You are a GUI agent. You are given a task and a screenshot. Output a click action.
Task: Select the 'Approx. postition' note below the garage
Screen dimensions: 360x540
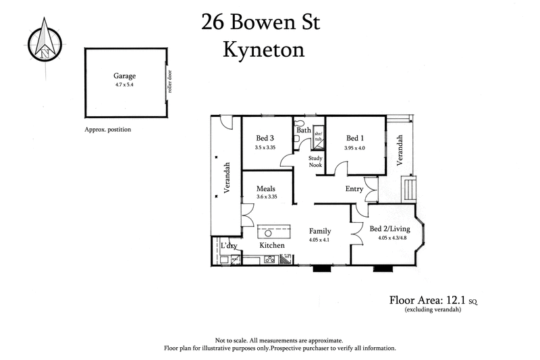pyautogui.click(x=107, y=129)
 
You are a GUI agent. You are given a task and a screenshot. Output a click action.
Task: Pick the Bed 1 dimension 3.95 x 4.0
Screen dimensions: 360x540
pyautogui.click(x=354, y=147)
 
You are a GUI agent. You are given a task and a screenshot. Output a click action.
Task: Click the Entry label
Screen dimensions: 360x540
pyautogui.click(x=354, y=189)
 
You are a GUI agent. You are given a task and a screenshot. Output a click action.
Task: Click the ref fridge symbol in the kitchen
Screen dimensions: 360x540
pyautogui.click(x=286, y=257)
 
